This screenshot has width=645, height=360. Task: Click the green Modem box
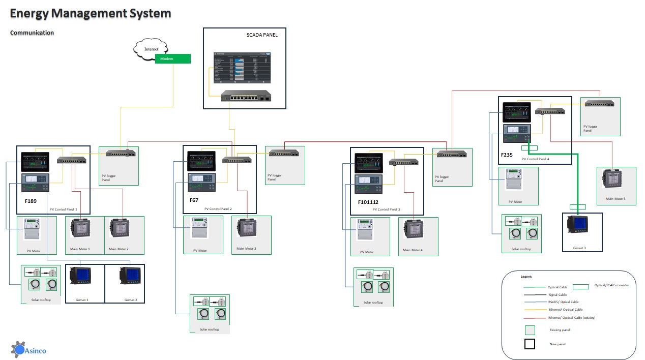173,59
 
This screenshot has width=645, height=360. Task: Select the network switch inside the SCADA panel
245,97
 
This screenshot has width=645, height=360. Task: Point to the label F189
31,201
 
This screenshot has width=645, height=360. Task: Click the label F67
194,200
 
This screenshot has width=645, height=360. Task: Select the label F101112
368,202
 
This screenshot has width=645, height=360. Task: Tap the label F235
507,155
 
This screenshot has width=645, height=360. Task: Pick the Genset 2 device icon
129,278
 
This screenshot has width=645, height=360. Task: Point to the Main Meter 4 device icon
413,230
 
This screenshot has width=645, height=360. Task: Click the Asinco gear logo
18,349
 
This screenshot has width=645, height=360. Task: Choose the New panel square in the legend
530,344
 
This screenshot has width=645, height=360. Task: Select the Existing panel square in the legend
530,330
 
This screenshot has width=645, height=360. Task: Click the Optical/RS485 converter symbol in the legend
580,287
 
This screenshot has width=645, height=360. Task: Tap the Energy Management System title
91,14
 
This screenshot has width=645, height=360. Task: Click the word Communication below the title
32,33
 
